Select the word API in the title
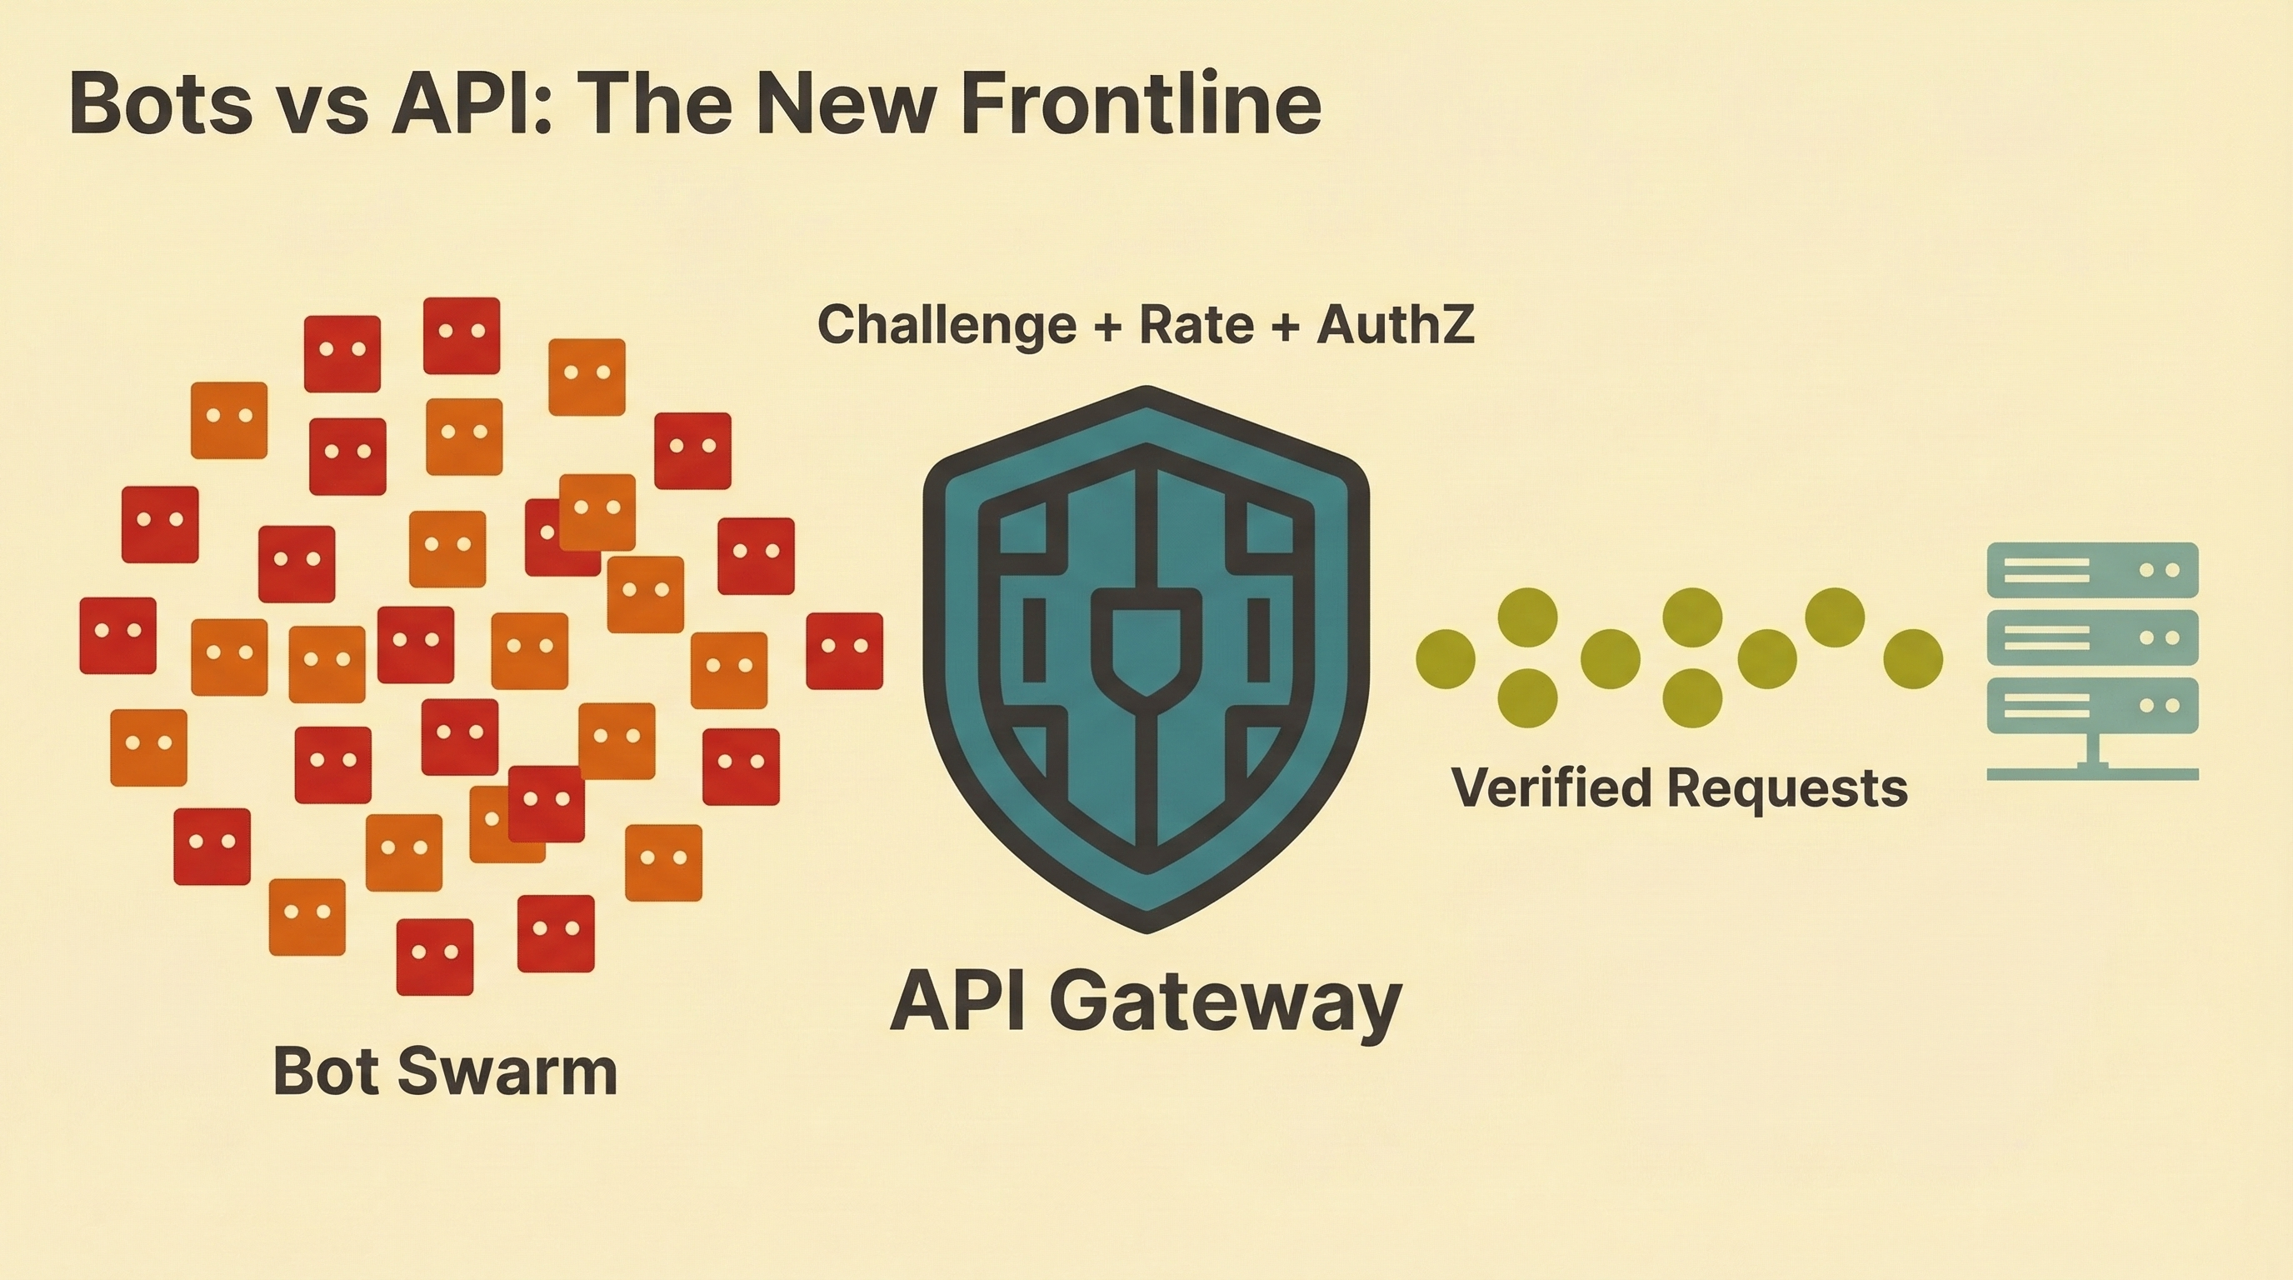[x=469, y=105]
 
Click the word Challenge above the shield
[x=947, y=325]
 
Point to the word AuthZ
[x=1395, y=325]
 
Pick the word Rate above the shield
[x=1197, y=325]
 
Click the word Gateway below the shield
[x=1230, y=1003]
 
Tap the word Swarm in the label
[x=507, y=1071]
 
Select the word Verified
[x=1551, y=788]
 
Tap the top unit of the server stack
[x=2093, y=570]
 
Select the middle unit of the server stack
[x=2093, y=637]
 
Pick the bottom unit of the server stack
[x=2093, y=706]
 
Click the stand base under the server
[x=2093, y=774]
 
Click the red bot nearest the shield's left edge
[x=844, y=651]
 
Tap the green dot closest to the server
[x=1913, y=658]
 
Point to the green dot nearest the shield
[x=1445, y=658]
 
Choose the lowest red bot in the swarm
[x=434, y=957]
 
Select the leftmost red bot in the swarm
[x=117, y=636]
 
